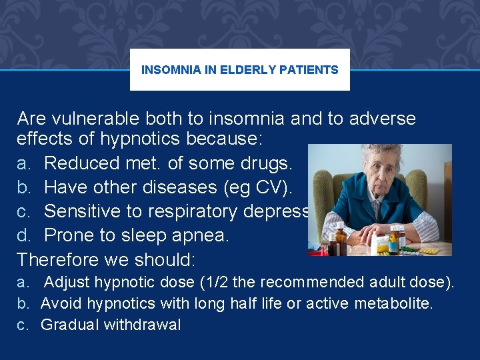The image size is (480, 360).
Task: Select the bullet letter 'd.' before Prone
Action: [x=24, y=235]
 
